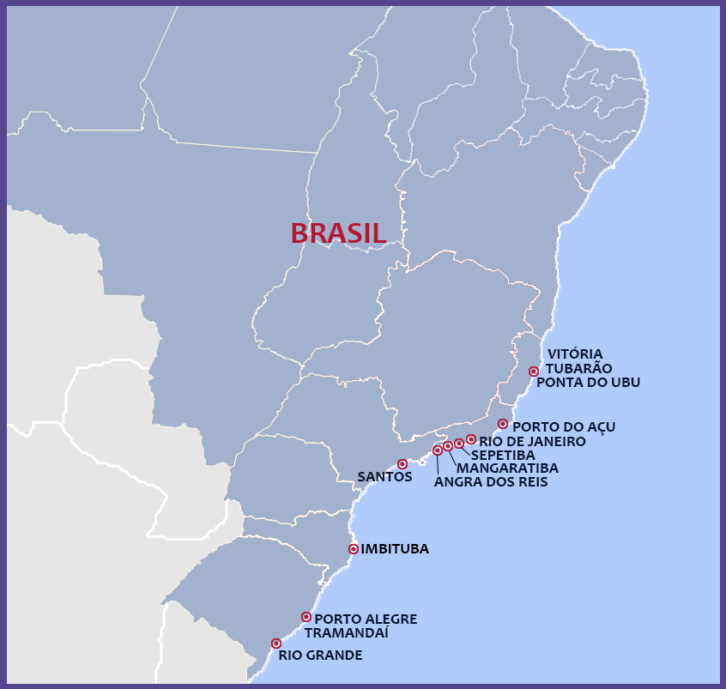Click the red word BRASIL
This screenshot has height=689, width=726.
(338, 233)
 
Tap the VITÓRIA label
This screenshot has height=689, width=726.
(575, 354)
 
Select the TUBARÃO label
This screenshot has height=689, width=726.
(578, 368)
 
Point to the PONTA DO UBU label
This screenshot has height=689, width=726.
(588, 383)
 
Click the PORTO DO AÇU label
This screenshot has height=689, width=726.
(563, 426)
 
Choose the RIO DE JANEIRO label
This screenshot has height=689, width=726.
(532, 441)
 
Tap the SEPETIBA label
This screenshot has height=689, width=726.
(503, 455)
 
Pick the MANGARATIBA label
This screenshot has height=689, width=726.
(507, 468)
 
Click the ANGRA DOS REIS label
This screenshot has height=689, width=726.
(490, 482)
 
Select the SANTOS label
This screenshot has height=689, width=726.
(384, 476)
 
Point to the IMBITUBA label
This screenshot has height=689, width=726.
(395, 549)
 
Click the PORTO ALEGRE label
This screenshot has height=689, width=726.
(366, 619)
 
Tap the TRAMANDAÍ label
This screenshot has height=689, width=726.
(347, 632)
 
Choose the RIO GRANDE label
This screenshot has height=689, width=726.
(320, 656)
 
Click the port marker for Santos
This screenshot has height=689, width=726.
(402, 464)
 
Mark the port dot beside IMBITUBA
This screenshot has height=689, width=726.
(354, 548)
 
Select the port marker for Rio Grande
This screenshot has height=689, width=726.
(276, 644)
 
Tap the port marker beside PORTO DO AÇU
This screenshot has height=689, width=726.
(503, 424)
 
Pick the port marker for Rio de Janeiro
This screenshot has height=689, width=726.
(471, 439)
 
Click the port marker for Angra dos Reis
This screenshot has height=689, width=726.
(438, 450)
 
